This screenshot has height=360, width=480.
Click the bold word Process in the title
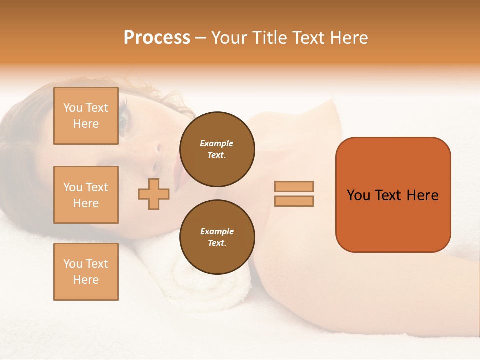click(157, 37)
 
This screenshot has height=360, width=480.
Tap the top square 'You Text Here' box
click(86, 116)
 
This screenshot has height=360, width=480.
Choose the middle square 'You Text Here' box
click(86, 195)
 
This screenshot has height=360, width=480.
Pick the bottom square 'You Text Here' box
click(86, 271)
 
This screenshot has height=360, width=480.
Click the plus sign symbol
click(154, 194)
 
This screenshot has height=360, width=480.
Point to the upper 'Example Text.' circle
click(217, 149)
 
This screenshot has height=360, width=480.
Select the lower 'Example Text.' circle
click(217, 237)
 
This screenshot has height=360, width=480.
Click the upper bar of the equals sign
click(294, 186)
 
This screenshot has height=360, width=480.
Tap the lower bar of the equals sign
click(294, 201)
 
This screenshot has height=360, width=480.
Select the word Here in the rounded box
click(422, 195)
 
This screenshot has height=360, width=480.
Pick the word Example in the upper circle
click(217, 143)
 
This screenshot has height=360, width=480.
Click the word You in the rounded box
click(358, 195)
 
